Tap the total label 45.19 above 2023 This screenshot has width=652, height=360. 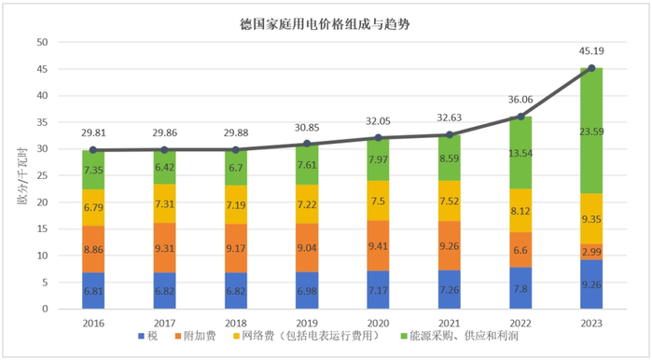point(591,52)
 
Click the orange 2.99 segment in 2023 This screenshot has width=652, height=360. point(591,252)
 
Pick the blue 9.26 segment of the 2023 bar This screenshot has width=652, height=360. point(591,284)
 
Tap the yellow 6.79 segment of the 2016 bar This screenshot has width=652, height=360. point(93,208)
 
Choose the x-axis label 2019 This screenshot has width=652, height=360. point(307,322)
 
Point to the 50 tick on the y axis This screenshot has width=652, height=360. point(41,43)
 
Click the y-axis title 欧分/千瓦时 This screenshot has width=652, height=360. point(20,175)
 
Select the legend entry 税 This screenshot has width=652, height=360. point(149,337)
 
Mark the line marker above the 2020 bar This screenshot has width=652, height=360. point(378,138)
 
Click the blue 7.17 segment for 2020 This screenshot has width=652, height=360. point(378,290)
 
